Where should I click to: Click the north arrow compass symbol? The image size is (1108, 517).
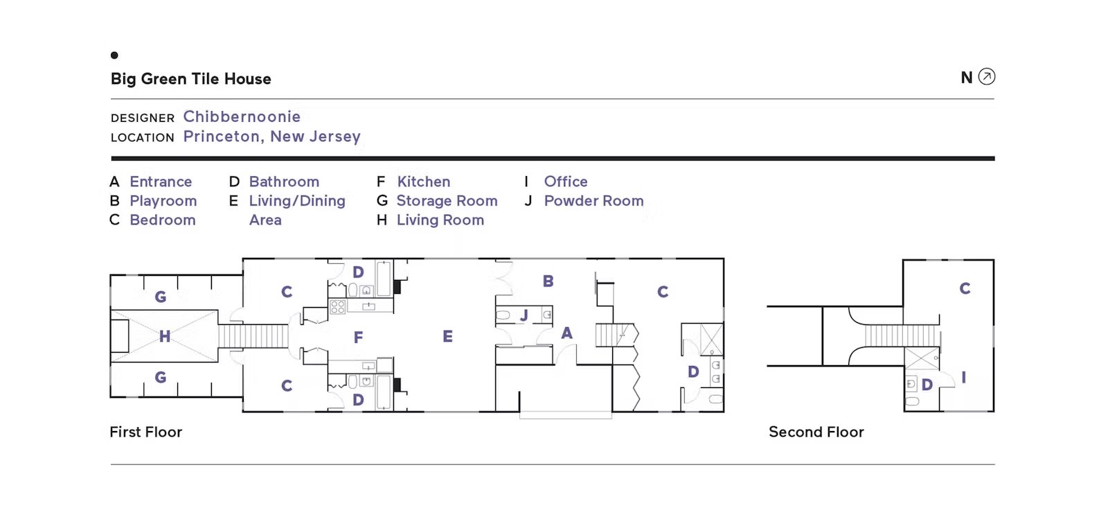click(986, 77)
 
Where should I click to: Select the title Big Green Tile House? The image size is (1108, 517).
click(191, 79)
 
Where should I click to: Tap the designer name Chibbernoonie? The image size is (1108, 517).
click(242, 116)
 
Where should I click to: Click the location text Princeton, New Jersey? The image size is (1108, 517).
click(272, 137)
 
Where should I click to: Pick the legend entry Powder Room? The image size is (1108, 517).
click(594, 200)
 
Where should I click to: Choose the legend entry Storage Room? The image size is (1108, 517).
click(447, 200)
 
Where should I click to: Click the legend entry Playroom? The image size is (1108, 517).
click(163, 200)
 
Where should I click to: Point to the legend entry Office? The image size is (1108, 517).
click(566, 182)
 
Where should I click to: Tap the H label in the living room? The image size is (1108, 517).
click(165, 337)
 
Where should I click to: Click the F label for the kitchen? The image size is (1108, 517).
click(358, 338)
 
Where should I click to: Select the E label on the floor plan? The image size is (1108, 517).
click(447, 337)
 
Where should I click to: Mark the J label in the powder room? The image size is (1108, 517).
click(524, 315)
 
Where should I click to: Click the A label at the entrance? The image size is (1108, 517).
click(567, 333)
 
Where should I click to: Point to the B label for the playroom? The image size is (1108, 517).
click(548, 281)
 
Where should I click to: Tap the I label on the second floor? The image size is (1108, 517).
click(963, 378)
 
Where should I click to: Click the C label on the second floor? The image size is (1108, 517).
click(965, 288)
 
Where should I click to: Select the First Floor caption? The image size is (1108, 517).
click(146, 432)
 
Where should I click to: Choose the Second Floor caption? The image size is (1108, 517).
click(816, 432)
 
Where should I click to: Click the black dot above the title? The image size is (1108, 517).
click(114, 55)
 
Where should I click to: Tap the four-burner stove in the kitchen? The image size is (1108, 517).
click(337, 306)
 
